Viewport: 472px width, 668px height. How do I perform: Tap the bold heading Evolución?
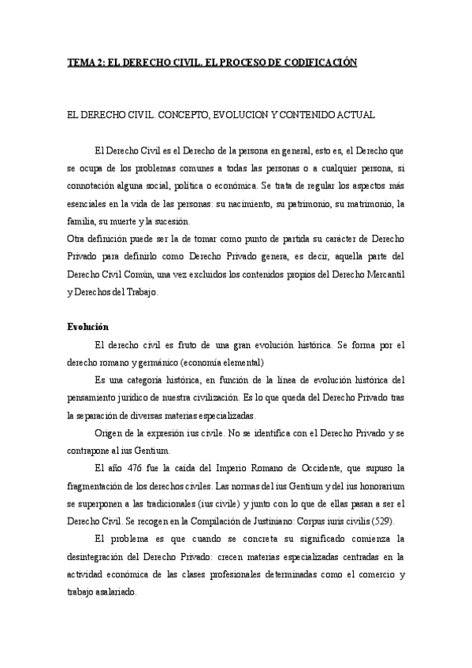87,327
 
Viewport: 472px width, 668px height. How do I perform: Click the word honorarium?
377,485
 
